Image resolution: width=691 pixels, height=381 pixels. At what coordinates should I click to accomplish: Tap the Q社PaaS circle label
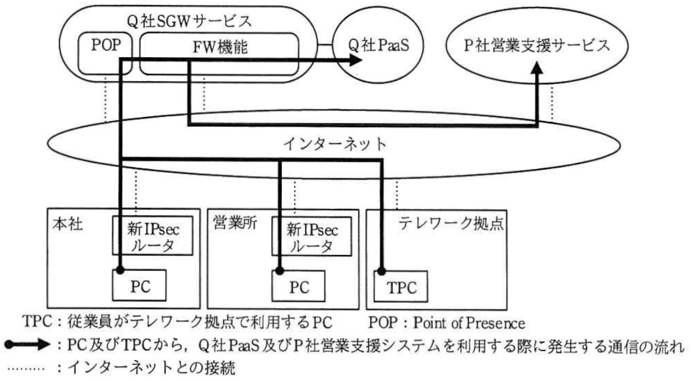click(x=378, y=45)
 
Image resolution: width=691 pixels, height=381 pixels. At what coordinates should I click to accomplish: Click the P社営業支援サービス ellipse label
click(x=537, y=45)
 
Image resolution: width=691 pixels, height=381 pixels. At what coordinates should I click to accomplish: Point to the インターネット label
click(x=335, y=144)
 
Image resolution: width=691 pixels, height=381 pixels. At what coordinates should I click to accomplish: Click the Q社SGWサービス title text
click(x=189, y=21)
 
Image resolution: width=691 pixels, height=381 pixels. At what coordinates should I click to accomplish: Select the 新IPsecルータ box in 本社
click(x=153, y=235)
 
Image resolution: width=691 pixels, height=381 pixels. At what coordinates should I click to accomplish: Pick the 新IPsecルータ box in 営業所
click(x=311, y=236)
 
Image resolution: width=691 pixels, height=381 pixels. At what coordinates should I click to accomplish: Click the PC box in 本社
click(x=139, y=286)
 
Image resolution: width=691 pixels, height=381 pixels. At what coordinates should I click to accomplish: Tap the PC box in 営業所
click(x=298, y=286)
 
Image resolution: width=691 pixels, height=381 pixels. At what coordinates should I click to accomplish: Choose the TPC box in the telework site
click(x=401, y=286)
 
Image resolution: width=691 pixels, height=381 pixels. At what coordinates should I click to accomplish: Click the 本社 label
click(x=68, y=224)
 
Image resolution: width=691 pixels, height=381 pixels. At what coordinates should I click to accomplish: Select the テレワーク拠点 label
click(x=451, y=223)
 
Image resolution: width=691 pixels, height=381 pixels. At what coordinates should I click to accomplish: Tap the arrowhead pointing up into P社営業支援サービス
click(x=537, y=68)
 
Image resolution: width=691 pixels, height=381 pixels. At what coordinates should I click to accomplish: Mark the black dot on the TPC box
click(x=381, y=271)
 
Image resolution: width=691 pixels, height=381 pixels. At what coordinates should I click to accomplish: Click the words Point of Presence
click(x=469, y=323)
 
